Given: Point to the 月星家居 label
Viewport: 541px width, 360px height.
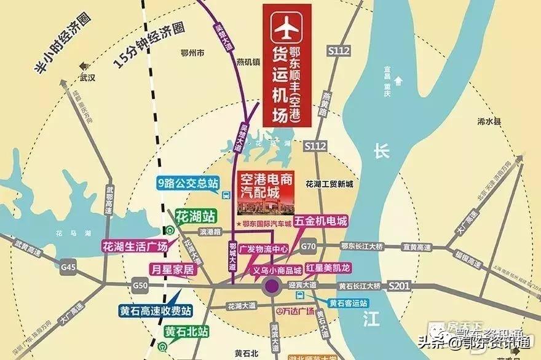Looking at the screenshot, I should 172,269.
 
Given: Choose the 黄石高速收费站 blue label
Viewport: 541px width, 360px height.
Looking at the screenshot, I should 156,310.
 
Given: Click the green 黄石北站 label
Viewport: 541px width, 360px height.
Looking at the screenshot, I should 186,331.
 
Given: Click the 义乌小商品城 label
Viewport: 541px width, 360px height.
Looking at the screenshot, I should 277,270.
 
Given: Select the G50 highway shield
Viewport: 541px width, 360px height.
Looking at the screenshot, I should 140,286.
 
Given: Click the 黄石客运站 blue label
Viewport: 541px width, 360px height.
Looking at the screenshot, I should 348,303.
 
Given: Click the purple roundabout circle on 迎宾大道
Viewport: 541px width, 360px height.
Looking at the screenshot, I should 271,286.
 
